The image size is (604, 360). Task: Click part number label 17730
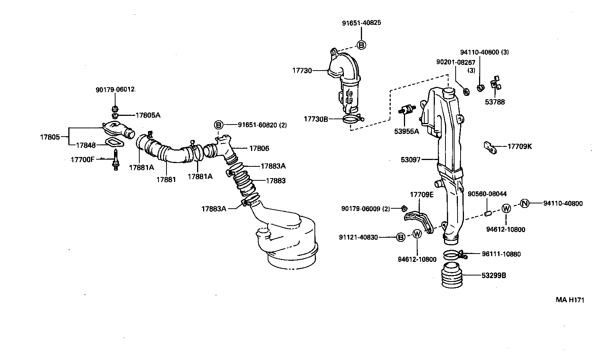coord(302,70)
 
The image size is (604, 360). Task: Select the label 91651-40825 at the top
coord(361,23)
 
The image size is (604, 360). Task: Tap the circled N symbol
coord(525,203)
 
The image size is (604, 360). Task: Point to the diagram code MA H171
coord(570,300)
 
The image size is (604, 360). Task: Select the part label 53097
coord(410,160)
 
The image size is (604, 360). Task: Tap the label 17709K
coord(519,146)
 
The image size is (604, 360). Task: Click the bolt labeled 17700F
coord(116,160)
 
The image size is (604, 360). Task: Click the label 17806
coord(259,148)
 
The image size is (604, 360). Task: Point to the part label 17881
coord(166,180)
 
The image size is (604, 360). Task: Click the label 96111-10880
coord(501,254)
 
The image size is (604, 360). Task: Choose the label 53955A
coord(407,132)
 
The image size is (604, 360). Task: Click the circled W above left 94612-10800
coord(417,234)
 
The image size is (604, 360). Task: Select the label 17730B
coord(316,119)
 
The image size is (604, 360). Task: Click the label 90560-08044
coord(487,194)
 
